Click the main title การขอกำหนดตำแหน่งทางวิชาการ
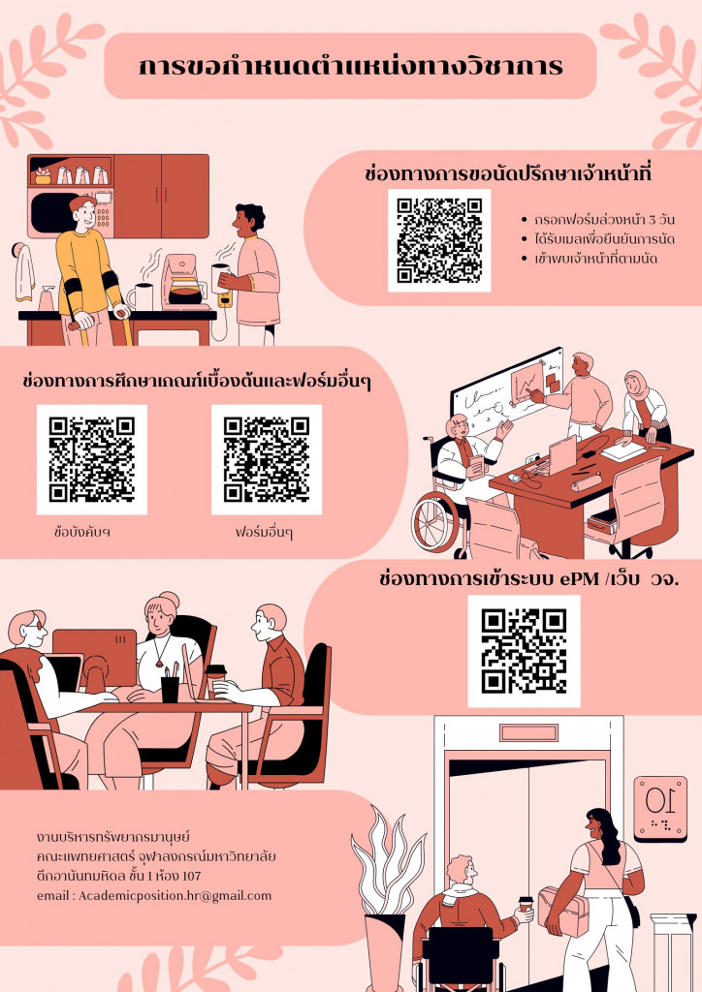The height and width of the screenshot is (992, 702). (351, 66)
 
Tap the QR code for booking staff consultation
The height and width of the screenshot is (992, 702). (439, 240)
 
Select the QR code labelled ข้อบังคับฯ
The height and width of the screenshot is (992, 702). (92, 460)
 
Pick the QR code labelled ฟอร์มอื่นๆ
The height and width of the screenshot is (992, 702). (267, 460)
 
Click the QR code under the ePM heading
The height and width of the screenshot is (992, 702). (525, 652)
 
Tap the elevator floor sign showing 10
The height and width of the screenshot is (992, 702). (660, 809)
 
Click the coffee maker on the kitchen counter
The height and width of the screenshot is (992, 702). (183, 282)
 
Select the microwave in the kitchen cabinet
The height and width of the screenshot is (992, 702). (70, 212)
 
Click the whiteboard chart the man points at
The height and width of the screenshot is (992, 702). (526, 382)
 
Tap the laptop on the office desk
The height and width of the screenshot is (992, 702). (560, 455)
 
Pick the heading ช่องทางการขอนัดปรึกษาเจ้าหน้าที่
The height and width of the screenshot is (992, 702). (508, 172)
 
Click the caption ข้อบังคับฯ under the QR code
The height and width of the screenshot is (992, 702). (82, 532)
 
